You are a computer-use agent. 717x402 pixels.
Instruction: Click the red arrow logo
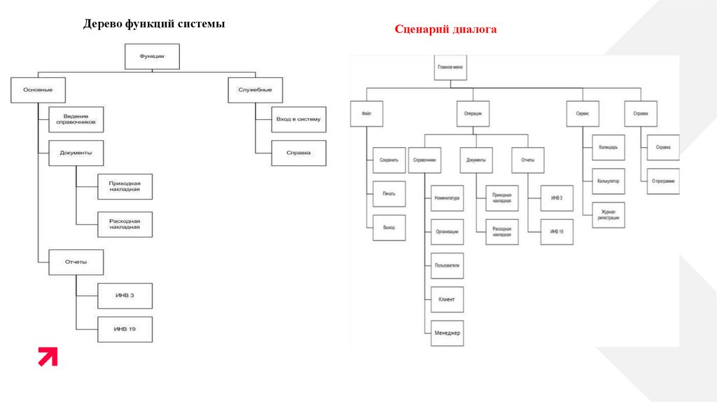[x=48, y=356]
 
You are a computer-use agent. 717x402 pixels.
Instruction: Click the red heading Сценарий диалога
[x=445, y=29]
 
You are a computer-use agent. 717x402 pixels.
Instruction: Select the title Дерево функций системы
[x=154, y=24]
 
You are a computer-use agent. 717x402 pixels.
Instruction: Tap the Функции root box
[x=152, y=57]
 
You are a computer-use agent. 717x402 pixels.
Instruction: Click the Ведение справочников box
[x=76, y=120]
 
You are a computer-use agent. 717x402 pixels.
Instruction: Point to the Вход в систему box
[x=298, y=119]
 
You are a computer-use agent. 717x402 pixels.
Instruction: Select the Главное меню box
[x=451, y=68]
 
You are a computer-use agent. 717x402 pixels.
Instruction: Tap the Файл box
[x=366, y=113]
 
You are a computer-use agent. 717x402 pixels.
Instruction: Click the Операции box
[x=473, y=113]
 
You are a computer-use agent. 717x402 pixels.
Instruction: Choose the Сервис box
[x=583, y=113]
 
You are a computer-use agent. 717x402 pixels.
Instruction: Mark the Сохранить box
[x=389, y=160]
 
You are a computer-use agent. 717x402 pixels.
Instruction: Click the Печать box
[x=389, y=194]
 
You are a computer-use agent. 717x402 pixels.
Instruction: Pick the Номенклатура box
[x=447, y=198]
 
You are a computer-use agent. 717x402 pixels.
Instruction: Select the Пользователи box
[x=447, y=265]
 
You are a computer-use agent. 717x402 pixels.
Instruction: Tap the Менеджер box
[x=447, y=333]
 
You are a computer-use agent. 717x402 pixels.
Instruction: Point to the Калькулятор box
[x=608, y=181]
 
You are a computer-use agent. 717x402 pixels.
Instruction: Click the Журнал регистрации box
[x=608, y=215]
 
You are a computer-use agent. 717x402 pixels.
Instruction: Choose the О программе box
[x=662, y=181]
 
